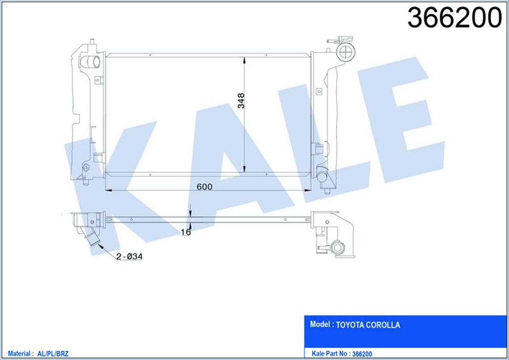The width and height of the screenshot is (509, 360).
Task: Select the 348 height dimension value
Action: [241, 101]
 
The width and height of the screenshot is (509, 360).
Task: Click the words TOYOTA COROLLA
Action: [368, 325]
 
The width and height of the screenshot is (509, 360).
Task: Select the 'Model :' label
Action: [321, 325]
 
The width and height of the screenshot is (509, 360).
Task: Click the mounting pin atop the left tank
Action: [92, 42]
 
